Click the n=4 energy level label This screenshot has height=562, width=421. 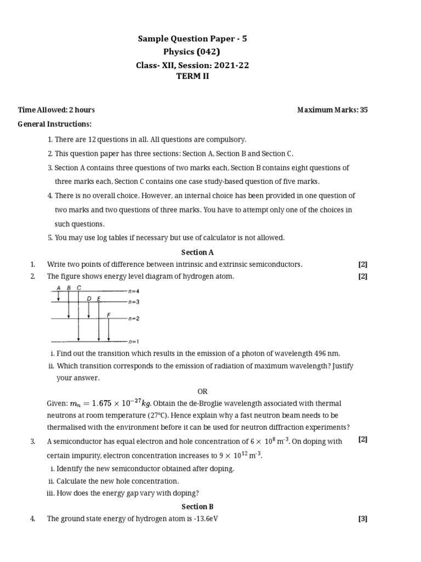pyautogui.click(x=133, y=291)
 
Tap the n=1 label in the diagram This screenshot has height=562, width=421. pyautogui.click(x=133, y=341)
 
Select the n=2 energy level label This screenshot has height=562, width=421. pyautogui.click(x=133, y=318)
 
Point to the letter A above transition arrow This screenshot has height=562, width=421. pyautogui.click(x=58, y=288)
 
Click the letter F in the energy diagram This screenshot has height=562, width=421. pyautogui.click(x=109, y=314)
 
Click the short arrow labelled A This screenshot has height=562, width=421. pyautogui.click(x=58, y=296)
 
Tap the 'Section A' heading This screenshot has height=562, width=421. pyautogui.click(x=197, y=252)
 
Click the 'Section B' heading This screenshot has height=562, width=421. pyautogui.click(x=197, y=507)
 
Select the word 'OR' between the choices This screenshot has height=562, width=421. pyautogui.click(x=203, y=391)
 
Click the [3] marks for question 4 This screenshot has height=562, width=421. pyautogui.click(x=362, y=519)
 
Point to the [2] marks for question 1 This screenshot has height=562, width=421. pyautogui.click(x=362, y=265)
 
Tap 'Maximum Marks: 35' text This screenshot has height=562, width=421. pyautogui.click(x=332, y=110)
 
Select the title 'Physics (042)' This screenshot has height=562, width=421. pyautogui.click(x=196, y=52)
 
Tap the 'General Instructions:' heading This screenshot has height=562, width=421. pyautogui.click(x=55, y=125)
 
